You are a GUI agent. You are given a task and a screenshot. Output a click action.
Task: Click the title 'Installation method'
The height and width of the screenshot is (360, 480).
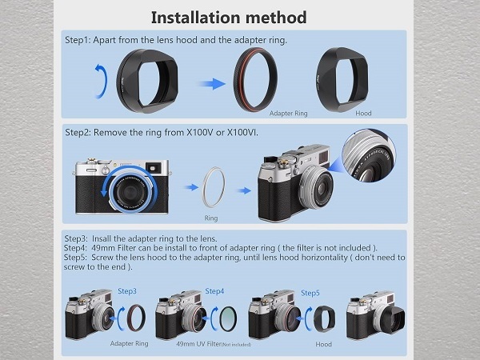click(229, 17)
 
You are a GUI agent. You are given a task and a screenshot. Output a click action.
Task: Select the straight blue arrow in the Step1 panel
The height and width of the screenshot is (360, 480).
click(213, 83)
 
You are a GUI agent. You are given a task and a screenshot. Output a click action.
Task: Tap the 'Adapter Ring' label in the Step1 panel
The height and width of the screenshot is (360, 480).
click(288, 114)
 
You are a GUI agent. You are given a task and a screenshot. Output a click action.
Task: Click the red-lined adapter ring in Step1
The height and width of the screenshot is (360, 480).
click(238, 80)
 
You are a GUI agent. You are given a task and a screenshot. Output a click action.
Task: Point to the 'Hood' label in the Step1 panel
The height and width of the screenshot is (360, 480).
click(363, 114)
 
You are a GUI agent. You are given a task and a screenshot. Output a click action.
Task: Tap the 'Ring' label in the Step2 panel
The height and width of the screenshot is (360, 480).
click(211, 218)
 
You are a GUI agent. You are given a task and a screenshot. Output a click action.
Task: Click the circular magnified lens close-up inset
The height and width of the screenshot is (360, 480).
click(369, 155)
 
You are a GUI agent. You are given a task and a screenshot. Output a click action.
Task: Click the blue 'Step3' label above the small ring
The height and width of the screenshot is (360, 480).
click(127, 291)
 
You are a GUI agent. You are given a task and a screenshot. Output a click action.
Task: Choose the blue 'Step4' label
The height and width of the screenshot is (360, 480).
click(214, 291)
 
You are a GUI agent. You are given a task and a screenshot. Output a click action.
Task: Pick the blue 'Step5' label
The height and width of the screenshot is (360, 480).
click(310, 293)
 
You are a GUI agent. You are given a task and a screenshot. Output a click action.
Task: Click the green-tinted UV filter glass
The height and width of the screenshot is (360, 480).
click(228, 318)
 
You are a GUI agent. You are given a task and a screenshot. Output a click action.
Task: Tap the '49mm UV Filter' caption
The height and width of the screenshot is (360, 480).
click(199, 344)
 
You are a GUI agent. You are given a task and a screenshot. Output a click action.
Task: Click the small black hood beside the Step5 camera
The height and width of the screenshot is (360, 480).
click(325, 318)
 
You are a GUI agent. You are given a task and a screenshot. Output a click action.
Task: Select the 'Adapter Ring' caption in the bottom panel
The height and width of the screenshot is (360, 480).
click(129, 343)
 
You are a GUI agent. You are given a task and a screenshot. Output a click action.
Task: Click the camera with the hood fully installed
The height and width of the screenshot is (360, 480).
click(376, 316)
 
